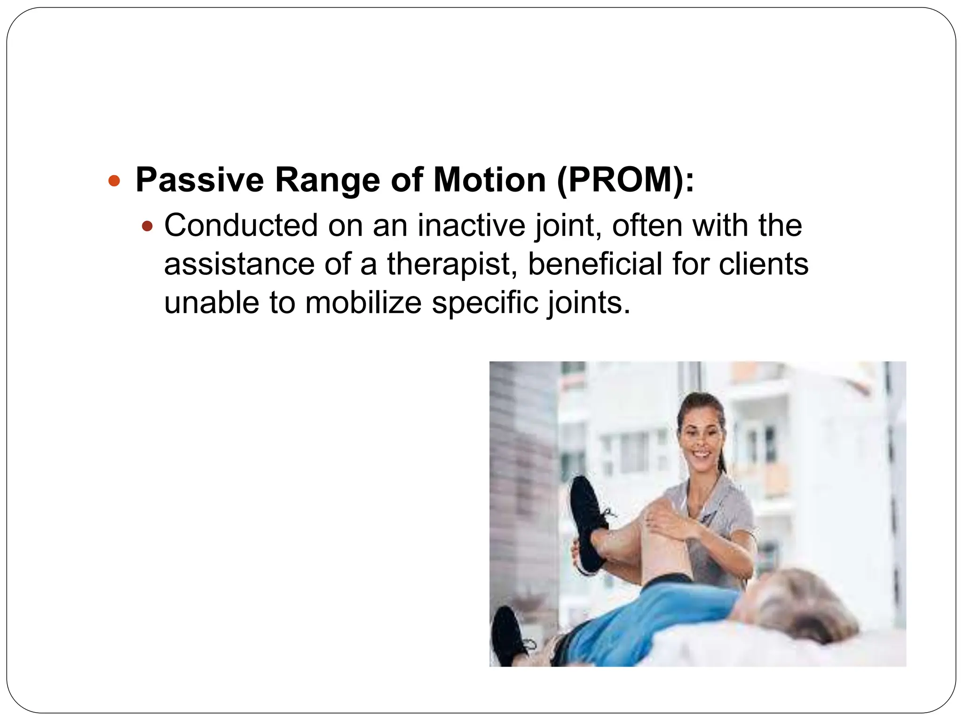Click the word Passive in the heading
(199, 180)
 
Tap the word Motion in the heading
(489, 180)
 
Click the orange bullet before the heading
(114, 181)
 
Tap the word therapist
(449, 264)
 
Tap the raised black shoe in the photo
(588, 522)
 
